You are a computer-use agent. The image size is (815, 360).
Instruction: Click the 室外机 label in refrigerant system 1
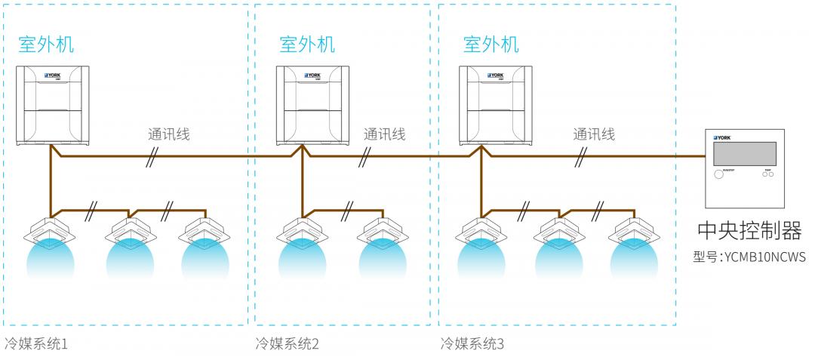pyautogui.click(x=46, y=45)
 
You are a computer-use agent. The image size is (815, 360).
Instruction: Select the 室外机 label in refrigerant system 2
pyautogui.click(x=306, y=45)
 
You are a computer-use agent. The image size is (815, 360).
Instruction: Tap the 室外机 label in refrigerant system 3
pyautogui.click(x=491, y=45)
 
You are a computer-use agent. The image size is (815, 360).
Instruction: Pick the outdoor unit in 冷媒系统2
pyautogui.click(x=314, y=105)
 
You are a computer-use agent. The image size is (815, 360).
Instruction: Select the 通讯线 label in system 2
pyautogui.click(x=384, y=135)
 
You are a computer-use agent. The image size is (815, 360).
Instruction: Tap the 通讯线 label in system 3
pyautogui.click(x=594, y=135)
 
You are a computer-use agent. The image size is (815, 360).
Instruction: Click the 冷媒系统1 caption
pyautogui.click(x=35, y=344)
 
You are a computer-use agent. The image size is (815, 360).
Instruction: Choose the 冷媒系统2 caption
pyautogui.click(x=287, y=344)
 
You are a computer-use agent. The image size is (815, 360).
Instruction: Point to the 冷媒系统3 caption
pyautogui.click(x=472, y=344)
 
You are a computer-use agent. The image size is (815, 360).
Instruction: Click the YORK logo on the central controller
pyautogui.click(x=721, y=139)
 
